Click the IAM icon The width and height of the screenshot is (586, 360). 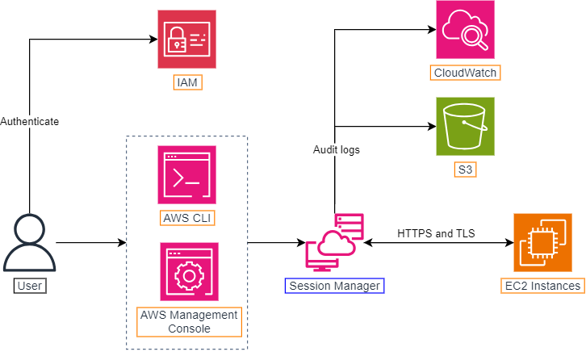coord(187,40)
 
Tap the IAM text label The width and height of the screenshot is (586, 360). coord(186,82)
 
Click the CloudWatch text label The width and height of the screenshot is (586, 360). coord(465,73)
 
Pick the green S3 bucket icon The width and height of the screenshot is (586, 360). coord(465,126)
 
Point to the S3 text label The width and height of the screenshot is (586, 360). coord(465,170)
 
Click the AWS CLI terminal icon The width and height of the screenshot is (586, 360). coord(187,175)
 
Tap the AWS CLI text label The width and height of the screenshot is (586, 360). coord(187,218)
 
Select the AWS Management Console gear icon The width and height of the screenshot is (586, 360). coord(189,271)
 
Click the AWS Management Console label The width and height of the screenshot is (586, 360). coord(189,321)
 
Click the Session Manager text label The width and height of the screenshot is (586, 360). coord(334,285)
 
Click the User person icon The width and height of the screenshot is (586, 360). coord(29,244)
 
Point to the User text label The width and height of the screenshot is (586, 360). coord(29,285)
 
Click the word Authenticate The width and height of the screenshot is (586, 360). coord(29,121)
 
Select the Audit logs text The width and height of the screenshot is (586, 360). coord(337,149)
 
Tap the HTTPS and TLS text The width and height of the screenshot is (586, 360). coord(436,233)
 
